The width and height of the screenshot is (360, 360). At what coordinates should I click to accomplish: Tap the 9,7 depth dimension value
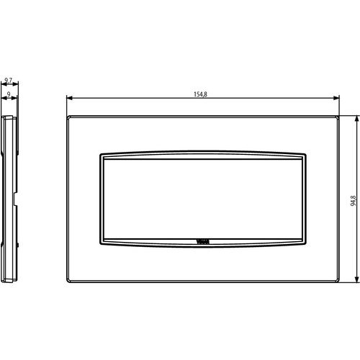(9, 81)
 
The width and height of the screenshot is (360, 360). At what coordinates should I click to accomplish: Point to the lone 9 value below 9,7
(8, 94)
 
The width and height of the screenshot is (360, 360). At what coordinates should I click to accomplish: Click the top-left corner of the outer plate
(67, 115)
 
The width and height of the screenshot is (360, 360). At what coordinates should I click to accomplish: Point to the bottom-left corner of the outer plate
(67, 281)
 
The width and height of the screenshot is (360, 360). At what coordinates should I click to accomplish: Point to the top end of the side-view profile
(9, 116)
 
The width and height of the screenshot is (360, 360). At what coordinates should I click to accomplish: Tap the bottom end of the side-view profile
(9, 280)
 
